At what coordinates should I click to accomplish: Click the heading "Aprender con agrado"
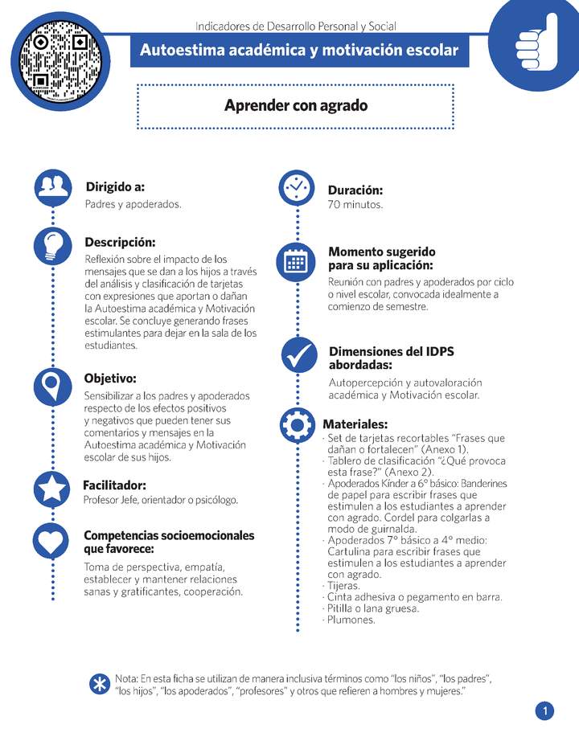(296, 105)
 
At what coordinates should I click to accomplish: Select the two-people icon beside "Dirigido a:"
(53, 186)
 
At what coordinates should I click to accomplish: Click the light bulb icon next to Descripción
(53, 244)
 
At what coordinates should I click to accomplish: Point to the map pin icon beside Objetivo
(53, 386)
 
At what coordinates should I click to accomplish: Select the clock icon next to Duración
(296, 188)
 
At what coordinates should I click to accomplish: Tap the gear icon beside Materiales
(298, 424)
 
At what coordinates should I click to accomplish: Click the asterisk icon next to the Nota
(100, 684)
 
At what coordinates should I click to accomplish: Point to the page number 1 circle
(544, 711)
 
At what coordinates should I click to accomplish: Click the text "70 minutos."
(355, 205)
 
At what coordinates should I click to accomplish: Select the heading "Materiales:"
(355, 424)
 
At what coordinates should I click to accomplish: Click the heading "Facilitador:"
(114, 485)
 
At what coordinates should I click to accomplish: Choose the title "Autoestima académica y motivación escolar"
(299, 51)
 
